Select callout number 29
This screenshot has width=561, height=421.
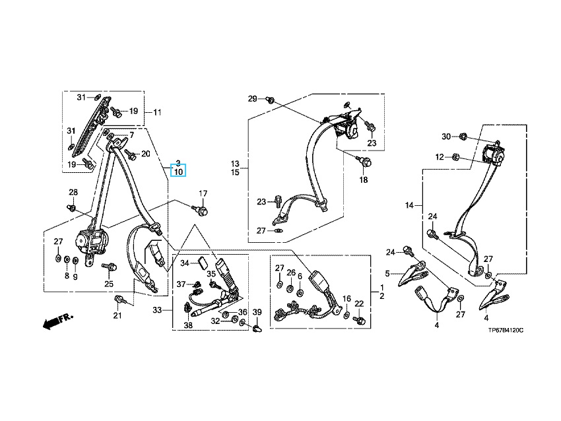[252, 99]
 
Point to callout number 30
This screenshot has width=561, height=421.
[446, 137]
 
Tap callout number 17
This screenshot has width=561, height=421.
[203, 193]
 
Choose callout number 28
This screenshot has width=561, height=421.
[73, 193]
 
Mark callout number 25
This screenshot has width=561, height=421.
[109, 284]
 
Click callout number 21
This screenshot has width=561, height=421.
[117, 316]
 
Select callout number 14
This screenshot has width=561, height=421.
[409, 206]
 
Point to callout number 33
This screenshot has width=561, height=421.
[156, 309]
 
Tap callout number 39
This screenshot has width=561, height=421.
[257, 312]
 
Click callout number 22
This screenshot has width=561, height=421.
[359, 304]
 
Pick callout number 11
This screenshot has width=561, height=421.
[156, 112]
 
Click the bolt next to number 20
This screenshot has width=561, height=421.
[131, 155]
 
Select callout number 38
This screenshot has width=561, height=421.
[188, 325]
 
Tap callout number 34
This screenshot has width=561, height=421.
[185, 264]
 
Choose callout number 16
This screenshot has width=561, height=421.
[346, 299]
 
